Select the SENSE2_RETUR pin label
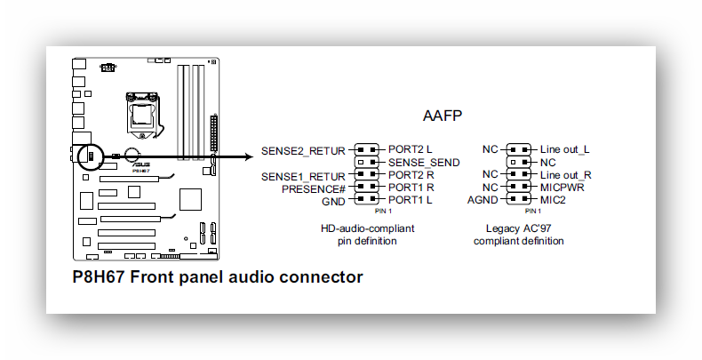tap(303, 150)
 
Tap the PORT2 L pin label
tap(410, 149)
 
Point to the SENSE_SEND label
tap(424, 163)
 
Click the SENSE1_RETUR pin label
tap(303, 176)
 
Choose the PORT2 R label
tap(411, 175)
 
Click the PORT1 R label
tap(411, 188)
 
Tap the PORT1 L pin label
tap(410, 200)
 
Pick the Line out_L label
tap(564, 149)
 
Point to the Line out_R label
tap(565, 175)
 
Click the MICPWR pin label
tap(562, 188)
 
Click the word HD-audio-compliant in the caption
tap(367, 228)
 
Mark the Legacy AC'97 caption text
tap(518, 228)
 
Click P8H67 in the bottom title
tap(99, 277)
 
